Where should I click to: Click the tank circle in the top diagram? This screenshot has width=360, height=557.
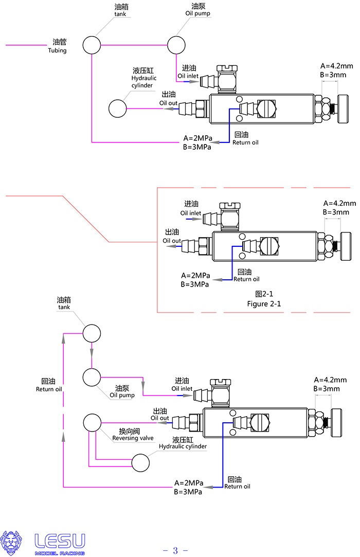(x=92, y=45)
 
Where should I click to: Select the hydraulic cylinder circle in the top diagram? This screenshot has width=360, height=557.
(x=118, y=109)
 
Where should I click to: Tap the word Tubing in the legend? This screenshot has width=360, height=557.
(x=57, y=50)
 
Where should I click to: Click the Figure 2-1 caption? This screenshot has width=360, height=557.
(x=264, y=303)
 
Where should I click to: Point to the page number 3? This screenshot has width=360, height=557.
(x=175, y=551)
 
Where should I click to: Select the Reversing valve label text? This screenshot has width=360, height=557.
(x=133, y=438)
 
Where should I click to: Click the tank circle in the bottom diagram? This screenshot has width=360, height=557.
(x=92, y=333)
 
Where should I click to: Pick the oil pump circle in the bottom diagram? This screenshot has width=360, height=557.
(x=92, y=378)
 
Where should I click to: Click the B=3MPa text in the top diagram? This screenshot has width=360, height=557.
(x=197, y=147)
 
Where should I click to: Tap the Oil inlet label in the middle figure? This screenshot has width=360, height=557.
(x=190, y=213)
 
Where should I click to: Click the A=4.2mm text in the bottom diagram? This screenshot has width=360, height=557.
(x=327, y=380)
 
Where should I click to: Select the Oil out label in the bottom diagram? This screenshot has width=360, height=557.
(x=159, y=418)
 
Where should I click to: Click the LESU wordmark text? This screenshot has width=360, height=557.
(x=60, y=541)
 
